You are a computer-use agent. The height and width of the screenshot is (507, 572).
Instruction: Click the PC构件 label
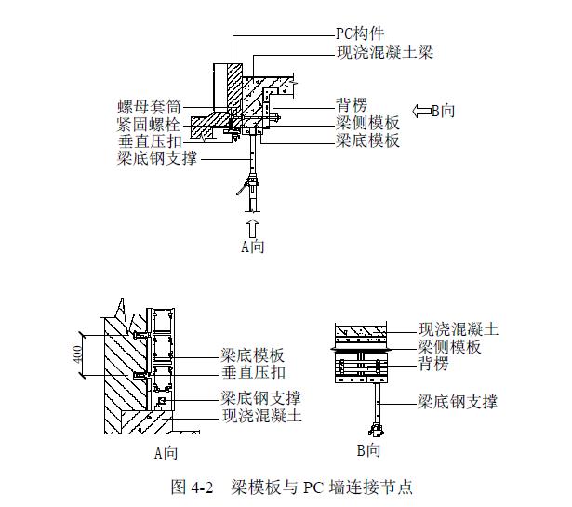click(x=360, y=33)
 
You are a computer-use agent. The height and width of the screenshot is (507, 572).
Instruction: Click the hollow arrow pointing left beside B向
click(x=419, y=109)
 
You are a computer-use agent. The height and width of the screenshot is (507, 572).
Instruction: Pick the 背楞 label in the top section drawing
click(x=352, y=106)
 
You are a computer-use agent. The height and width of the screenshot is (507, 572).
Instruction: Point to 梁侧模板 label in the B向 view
click(x=450, y=346)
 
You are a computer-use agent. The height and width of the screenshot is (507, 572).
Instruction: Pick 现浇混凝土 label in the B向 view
click(x=459, y=328)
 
